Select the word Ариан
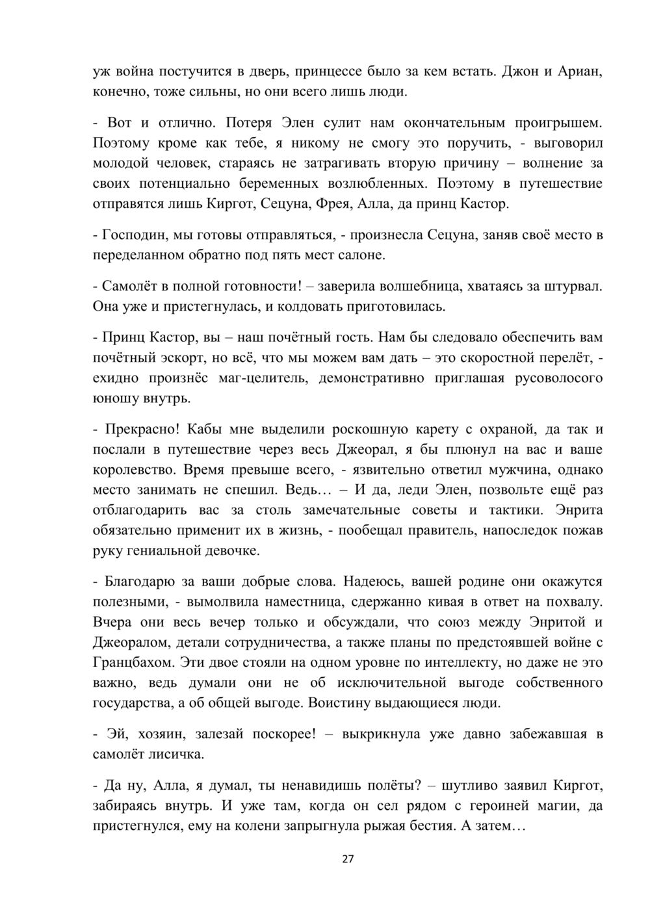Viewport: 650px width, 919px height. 581,71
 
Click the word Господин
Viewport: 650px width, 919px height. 133,234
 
